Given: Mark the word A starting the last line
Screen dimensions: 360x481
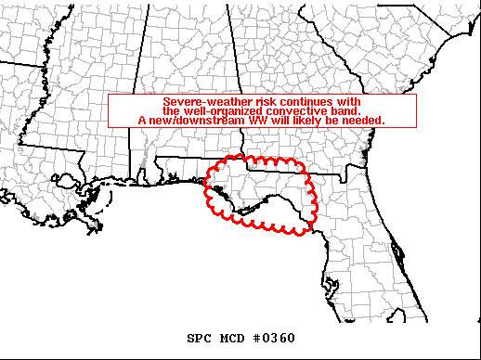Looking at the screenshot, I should click(x=142, y=120).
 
